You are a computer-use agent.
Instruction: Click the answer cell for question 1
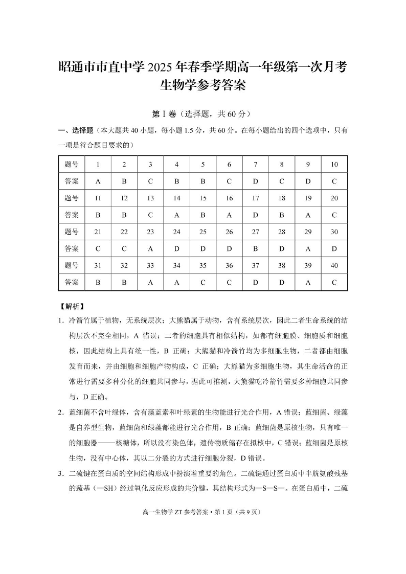(98, 181)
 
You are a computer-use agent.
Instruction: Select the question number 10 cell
(334, 164)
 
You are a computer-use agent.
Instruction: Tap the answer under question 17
(256, 215)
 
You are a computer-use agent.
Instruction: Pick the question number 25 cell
(203, 232)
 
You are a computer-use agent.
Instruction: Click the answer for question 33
(150, 282)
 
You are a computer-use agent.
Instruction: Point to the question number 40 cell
(334, 265)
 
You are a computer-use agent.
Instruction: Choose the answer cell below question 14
(176, 215)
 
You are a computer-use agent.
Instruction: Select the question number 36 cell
(229, 265)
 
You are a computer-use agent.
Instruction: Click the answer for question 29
(308, 248)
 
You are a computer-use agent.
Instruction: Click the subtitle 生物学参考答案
(203, 85)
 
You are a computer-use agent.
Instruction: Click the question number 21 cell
(98, 232)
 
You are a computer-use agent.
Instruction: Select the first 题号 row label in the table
(72, 164)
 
